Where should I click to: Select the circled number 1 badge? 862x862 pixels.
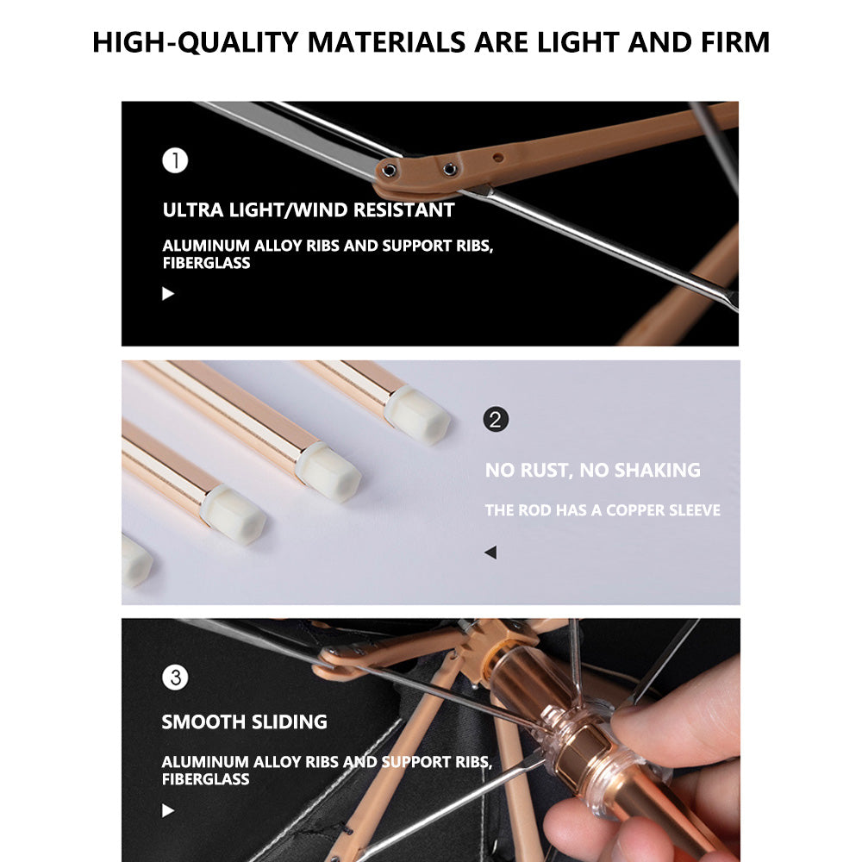pos(175,160)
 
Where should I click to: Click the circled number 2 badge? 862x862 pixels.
pos(496,420)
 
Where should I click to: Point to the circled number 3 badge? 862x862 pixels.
pos(175,678)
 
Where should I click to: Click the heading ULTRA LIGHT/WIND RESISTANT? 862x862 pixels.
pos(309,210)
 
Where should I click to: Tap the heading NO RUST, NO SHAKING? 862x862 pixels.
pos(593,470)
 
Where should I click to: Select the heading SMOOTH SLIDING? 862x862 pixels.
pos(244,721)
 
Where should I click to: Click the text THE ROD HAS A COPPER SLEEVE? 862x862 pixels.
pos(603,510)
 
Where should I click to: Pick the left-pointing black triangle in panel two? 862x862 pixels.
pos(491,553)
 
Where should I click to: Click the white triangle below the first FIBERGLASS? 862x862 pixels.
pos(168,294)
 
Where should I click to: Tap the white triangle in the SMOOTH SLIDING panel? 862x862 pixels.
pos(168,810)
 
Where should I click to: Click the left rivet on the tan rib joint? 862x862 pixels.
pos(389,171)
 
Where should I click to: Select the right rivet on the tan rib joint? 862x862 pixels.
pos(450,169)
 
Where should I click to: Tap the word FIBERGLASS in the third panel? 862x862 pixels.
pos(206,779)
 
